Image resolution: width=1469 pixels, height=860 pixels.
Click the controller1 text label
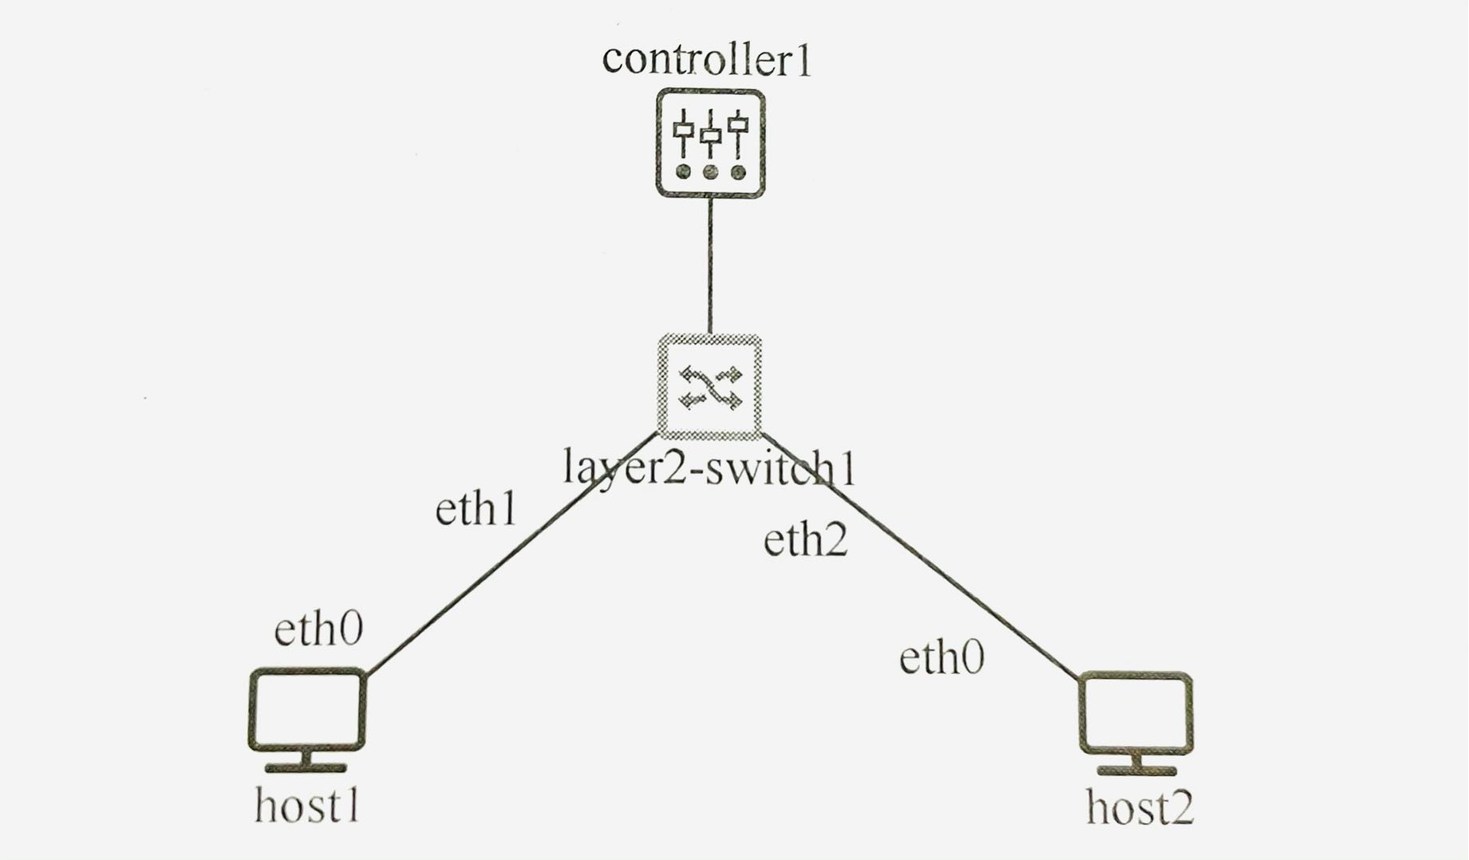coord(706,61)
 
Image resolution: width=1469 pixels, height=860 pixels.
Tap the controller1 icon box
coord(710,144)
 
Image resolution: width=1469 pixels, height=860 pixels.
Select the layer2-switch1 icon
coord(709,388)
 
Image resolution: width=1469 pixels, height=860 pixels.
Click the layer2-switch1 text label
coord(709,468)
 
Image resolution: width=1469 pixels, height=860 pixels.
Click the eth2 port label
coord(805,540)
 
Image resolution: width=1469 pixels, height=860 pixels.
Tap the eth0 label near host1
coord(318,629)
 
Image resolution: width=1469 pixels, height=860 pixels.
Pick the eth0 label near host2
coord(942,658)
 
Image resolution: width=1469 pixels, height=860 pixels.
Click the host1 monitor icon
coord(307,710)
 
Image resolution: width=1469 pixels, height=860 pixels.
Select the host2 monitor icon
coord(1136,713)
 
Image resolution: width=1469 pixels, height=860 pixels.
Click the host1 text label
coord(307,806)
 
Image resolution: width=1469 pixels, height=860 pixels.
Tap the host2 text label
coord(1139,807)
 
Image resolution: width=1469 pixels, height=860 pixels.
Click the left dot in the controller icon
coord(683,172)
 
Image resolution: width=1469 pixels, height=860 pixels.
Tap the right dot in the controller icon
coord(738,172)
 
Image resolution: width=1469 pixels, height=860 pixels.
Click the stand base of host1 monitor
coord(306,768)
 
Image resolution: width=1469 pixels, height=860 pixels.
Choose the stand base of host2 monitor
coord(1136,771)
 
